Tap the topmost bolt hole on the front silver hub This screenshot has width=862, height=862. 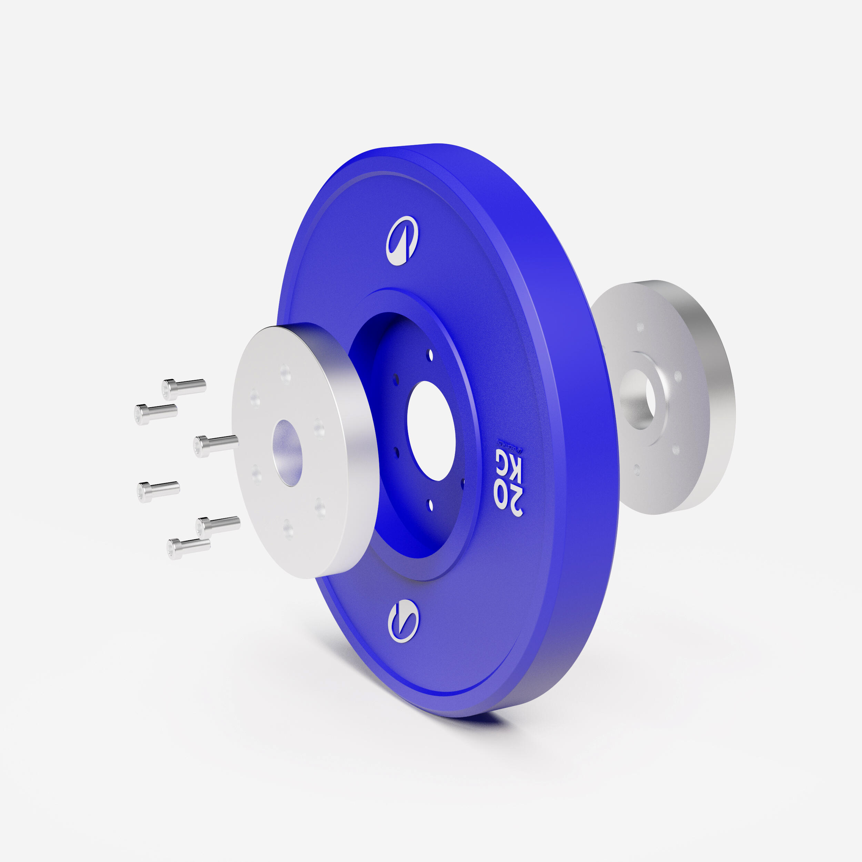(285, 373)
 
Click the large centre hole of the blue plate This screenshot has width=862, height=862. (431, 431)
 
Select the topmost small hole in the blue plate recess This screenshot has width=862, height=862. (430, 355)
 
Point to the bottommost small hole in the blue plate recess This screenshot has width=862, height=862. (431, 505)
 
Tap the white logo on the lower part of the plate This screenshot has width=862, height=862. (403, 621)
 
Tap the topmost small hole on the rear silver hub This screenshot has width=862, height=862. (641, 328)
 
